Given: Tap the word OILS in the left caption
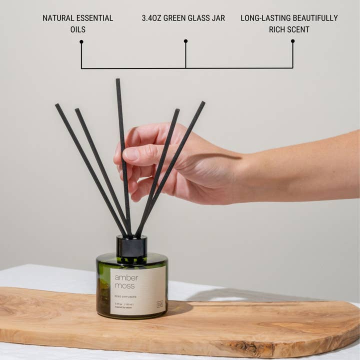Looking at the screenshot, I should (77, 29).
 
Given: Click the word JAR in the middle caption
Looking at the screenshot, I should (217, 18).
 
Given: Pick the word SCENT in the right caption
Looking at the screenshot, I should (298, 29).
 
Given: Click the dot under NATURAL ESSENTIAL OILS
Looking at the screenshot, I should (81, 41).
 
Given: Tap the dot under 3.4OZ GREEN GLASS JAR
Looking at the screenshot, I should (185, 41).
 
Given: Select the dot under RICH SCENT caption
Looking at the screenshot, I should (292, 41).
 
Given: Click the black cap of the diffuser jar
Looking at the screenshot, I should (131, 246).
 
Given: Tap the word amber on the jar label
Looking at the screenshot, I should (126, 277).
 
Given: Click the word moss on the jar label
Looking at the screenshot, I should (124, 286).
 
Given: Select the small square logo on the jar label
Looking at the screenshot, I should (159, 303).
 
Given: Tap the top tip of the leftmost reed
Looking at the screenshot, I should (57, 105).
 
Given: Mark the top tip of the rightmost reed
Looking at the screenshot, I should (203, 103).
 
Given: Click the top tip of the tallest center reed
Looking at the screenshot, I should (118, 80).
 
